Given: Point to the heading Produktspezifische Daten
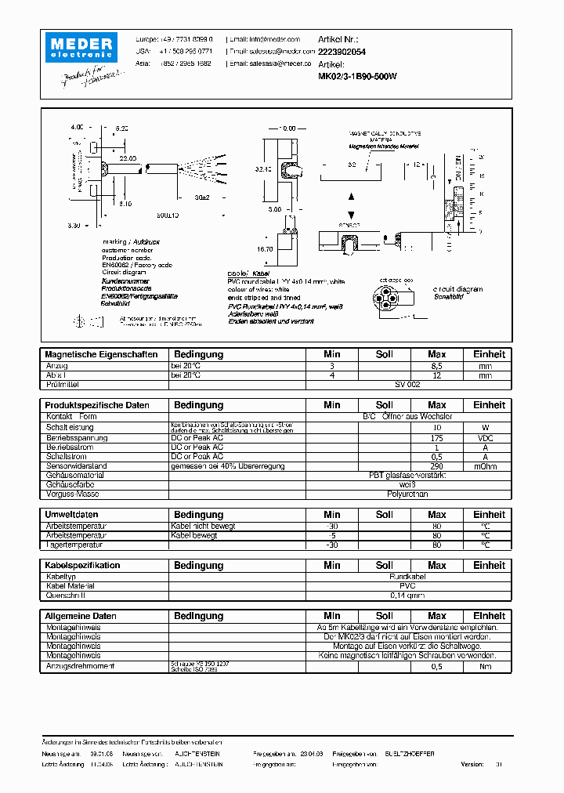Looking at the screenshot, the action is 96,405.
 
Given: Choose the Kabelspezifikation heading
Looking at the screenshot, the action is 82,565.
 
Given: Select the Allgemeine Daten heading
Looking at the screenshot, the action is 81,616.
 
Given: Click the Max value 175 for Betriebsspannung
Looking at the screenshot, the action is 437,438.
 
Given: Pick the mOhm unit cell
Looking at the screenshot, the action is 486,465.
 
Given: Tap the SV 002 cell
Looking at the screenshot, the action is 407,386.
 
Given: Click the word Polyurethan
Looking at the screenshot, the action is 407,494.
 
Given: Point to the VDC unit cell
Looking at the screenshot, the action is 486,438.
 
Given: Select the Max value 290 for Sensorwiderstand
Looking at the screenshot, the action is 437,465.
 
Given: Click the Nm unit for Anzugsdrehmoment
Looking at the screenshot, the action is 486,666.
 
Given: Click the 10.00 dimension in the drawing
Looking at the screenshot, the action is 287,128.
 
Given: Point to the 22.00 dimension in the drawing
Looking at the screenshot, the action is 128,158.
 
